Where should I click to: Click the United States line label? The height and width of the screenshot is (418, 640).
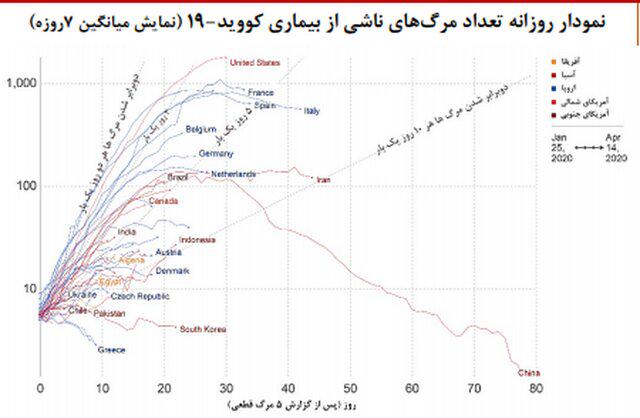(x=254, y=63)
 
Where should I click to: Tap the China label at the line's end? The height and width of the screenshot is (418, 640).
(x=526, y=372)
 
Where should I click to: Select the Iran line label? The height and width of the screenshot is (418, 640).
(x=323, y=180)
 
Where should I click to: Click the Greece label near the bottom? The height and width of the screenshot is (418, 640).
(x=111, y=350)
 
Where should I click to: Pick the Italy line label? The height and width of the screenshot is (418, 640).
(x=311, y=111)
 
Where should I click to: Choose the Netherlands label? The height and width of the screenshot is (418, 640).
(x=236, y=174)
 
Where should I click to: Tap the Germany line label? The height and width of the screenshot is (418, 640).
(x=216, y=154)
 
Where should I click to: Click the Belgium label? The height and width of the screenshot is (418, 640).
(x=201, y=130)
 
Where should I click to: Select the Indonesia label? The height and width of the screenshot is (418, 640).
(x=198, y=240)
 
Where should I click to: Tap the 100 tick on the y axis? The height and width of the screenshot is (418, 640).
(x=23, y=186)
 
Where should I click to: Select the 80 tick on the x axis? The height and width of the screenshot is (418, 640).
(x=536, y=387)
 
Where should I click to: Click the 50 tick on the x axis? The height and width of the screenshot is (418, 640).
(x=350, y=387)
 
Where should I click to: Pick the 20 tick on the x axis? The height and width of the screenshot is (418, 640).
(x=164, y=387)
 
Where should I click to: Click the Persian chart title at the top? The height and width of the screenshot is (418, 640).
(x=320, y=17)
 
